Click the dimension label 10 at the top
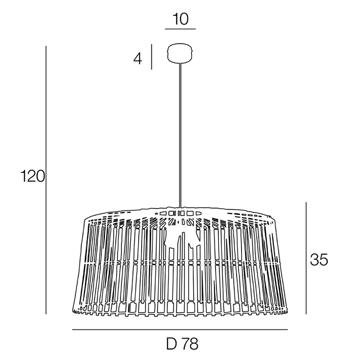tap(181, 19)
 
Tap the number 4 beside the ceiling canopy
tap(138, 59)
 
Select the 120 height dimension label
tap(33, 176)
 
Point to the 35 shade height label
tap(319, 260)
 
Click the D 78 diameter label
tap(182, 344)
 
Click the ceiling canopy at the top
tap(180, 53)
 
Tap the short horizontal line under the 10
tap(180, 29)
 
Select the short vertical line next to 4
tap(152, 57)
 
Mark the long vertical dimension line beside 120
tap(46, 180)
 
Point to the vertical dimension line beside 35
tap(306, 258)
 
